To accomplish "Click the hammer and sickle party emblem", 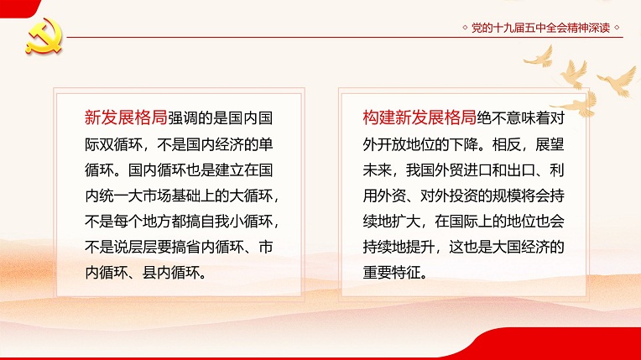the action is [44, 36].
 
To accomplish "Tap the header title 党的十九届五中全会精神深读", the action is [540, 28].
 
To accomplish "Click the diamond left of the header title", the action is [465, 28].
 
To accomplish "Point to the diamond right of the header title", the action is [617, 28].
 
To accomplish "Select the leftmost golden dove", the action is [539, 57].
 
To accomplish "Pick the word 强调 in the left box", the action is [181, 118].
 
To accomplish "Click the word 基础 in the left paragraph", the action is [185, 196].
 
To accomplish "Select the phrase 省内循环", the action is [214, 247].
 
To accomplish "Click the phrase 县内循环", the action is [171, 273].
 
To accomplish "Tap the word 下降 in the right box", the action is [464, 144].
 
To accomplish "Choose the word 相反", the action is [507, 144].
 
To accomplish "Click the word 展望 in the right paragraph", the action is [550, 144].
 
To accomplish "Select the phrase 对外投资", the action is [449, 196].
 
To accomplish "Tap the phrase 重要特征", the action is [392, 273].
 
